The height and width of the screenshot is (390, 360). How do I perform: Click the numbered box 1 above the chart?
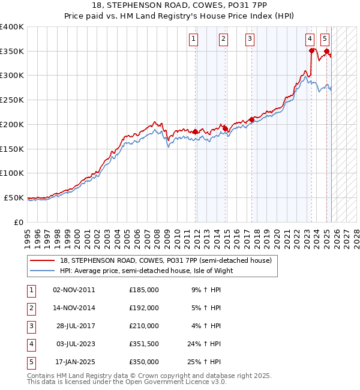point(194,40)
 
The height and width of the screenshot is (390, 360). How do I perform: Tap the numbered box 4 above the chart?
point(310,40)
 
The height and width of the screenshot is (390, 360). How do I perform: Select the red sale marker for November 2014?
point(225,128)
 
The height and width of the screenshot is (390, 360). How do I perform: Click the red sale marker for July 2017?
point(252,119)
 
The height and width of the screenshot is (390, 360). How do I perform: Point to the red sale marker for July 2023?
point(312,50)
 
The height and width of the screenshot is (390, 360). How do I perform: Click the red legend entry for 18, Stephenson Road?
point(166,260)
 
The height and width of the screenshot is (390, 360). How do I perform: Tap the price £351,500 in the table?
point(144,344)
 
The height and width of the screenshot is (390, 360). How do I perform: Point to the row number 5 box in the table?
point(31,362)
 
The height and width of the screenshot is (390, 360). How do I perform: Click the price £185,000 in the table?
point(144,290)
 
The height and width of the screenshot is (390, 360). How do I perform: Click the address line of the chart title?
point(180,7)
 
